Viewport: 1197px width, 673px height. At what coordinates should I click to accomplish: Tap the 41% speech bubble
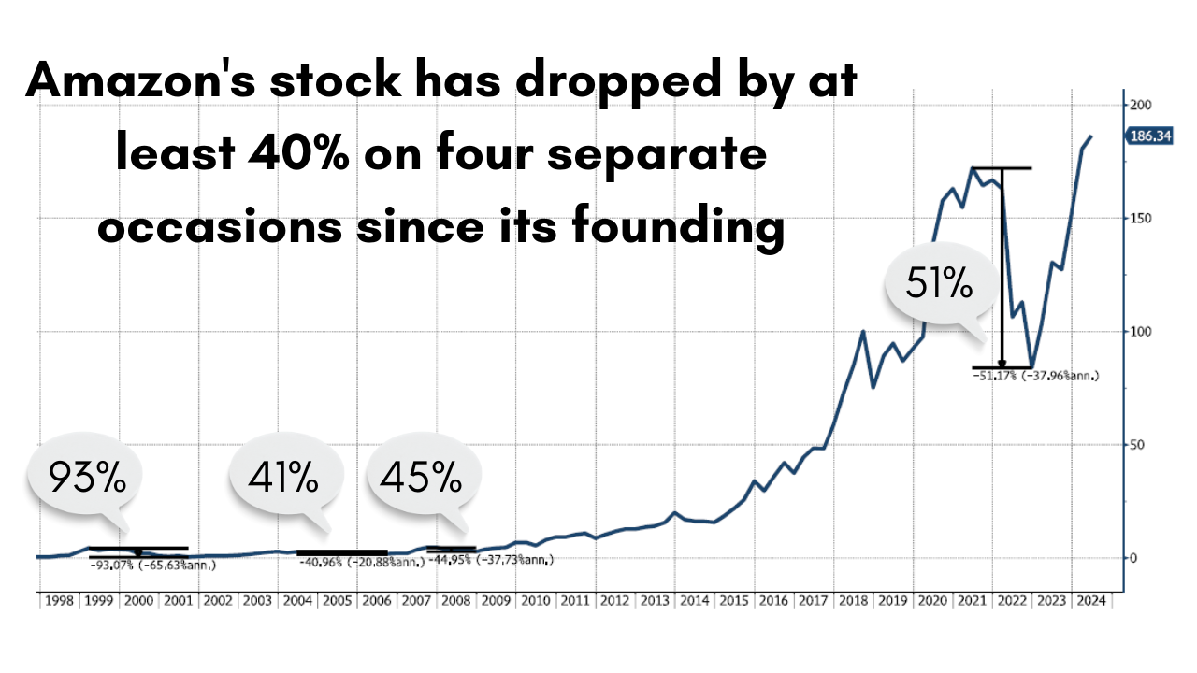(x=283, y=479)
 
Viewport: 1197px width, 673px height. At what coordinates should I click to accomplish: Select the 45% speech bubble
(x=421, y=479)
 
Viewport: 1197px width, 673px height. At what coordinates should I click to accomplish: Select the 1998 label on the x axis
(x=57, y=601)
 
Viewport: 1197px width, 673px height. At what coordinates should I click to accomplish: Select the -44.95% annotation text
(x=491, y=560)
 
